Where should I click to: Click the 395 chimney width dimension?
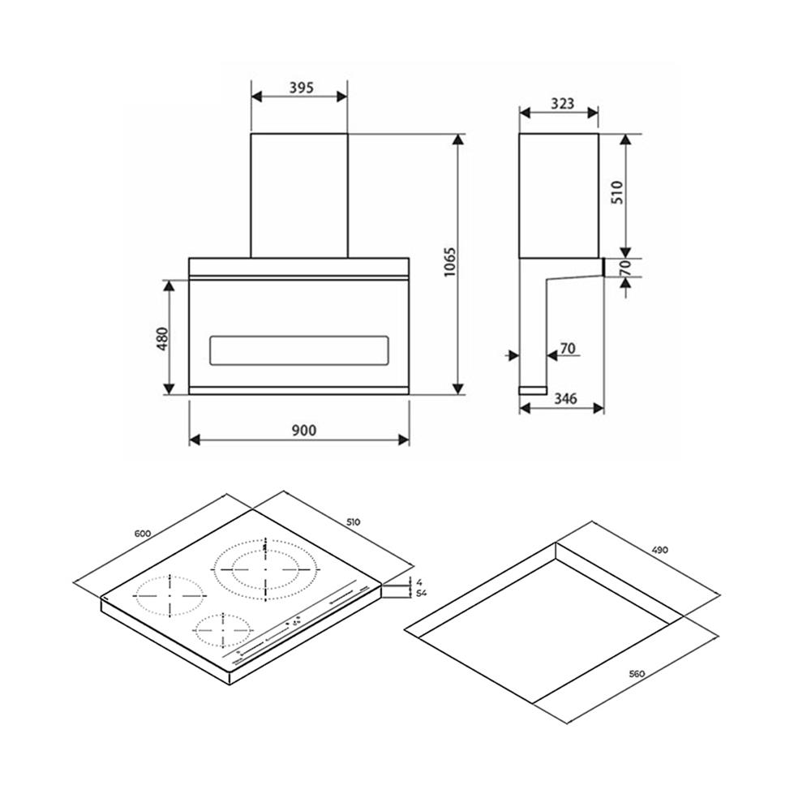coord(300,87)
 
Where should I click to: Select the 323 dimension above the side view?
coord(558,104)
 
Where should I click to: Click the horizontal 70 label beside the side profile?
coord(567,349)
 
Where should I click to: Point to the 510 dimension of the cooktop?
coord(352,522)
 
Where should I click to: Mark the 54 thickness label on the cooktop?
coord(420,594)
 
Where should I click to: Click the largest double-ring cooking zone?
coord(264,568)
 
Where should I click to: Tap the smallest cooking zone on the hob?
coord(221,628)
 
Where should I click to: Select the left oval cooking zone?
coord(169,596)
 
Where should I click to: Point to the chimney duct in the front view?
coord(299,195)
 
